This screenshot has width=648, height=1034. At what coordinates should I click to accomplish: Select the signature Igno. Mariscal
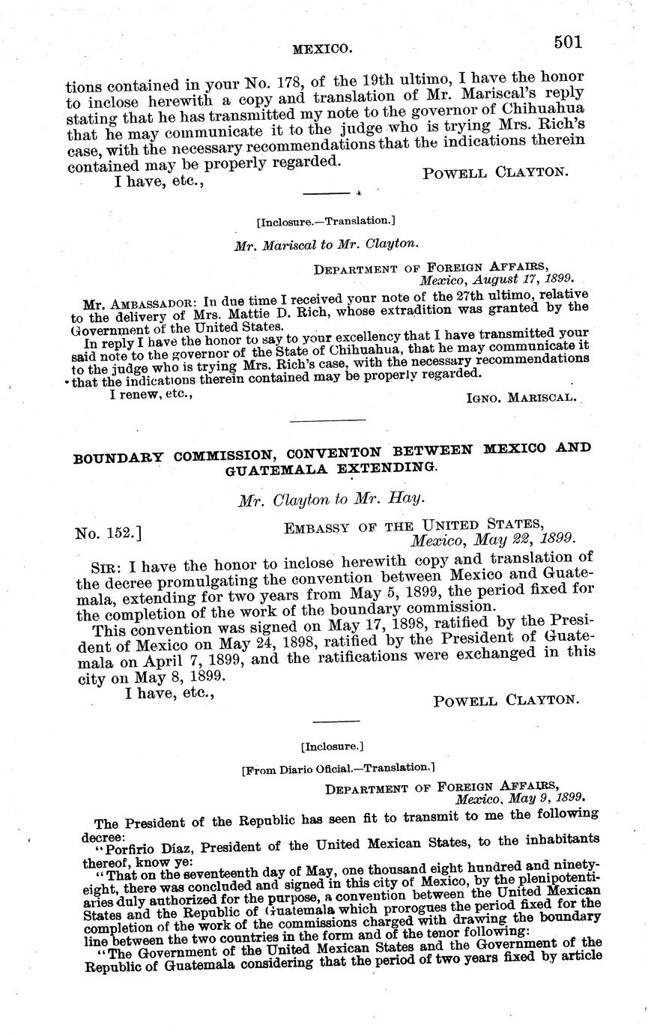pyautogui.click(x=521, y=397)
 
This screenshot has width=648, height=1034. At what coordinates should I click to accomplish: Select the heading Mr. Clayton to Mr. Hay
pyautogui.click(x=330, y=501)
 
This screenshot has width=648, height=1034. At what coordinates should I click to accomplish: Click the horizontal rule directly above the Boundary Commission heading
pyautogui.click(x=327, y=421)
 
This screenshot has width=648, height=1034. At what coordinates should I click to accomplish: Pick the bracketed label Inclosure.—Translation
pyautogui.click(x=325, y=221)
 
